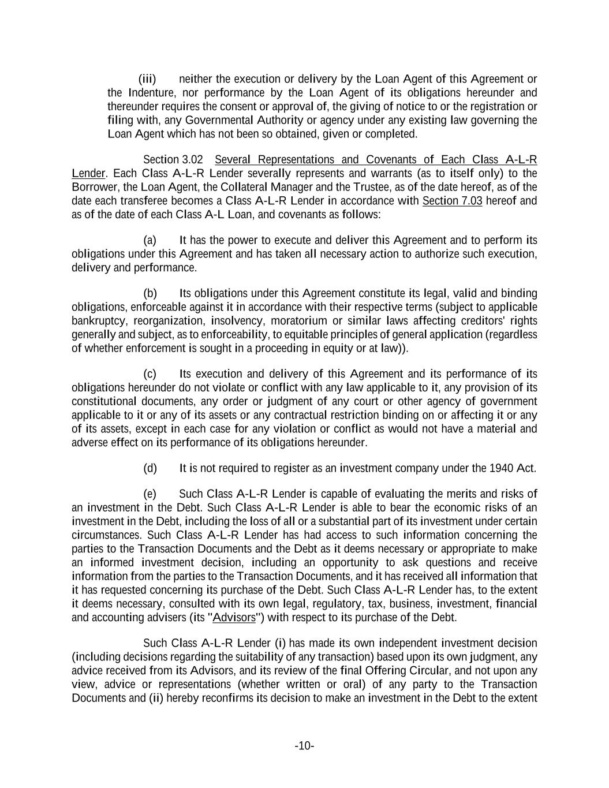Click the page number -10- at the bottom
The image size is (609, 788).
click(x=304, y=746)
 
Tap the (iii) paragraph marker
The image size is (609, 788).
click(x=147, y=79)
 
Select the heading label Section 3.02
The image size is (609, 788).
click(x=173, y=159)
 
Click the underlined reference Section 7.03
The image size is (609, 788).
click(x=452, y=201)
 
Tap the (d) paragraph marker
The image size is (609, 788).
click(x=150, y=468)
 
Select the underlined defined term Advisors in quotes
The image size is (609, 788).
click(x=234, y=617)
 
